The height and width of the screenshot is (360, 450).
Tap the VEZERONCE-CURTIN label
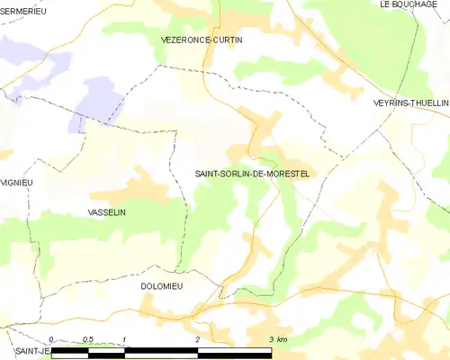tap(202, 40)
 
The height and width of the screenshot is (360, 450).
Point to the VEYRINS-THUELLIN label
tap(410, 103)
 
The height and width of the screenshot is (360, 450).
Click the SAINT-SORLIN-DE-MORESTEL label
tap(252, 174)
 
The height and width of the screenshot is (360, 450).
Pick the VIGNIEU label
tap(16, 182)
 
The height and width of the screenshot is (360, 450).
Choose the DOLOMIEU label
tap(162, 286)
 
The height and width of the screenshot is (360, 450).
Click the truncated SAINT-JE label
tap(31, 351)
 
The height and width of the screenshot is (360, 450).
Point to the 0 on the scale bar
tap(52, 339)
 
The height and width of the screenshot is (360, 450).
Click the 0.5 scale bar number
tap(87, 339)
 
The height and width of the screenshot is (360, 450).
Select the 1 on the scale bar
tap(124, 339)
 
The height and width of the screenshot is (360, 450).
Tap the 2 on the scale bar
tap(197, 339)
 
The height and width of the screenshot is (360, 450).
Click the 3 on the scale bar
tap(270, 339)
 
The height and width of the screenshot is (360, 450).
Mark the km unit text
tap(282, 339)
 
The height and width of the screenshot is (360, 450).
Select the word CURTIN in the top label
tap(227, 40)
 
